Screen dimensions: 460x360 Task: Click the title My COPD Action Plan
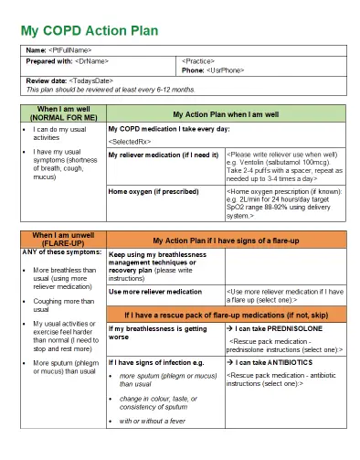pyautogui.click(x=90, y=30)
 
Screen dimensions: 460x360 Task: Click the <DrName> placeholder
pyautogui.click(x=92, y=60)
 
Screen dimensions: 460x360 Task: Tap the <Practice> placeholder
pyautogui.click(x=200, y=60)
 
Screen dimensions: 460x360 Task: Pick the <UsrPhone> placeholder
pyautogui.click(x=225, y=70)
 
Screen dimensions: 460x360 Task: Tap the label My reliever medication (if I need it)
pyautogui.click(x=164, y=155)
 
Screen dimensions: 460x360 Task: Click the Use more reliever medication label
pyautogui.click(x=155, y=291)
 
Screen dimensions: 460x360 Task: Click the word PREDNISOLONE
pyautogui.click(x=294, y=327)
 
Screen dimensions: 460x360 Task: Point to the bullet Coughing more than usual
pyautogui.click(x=64, y=305)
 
